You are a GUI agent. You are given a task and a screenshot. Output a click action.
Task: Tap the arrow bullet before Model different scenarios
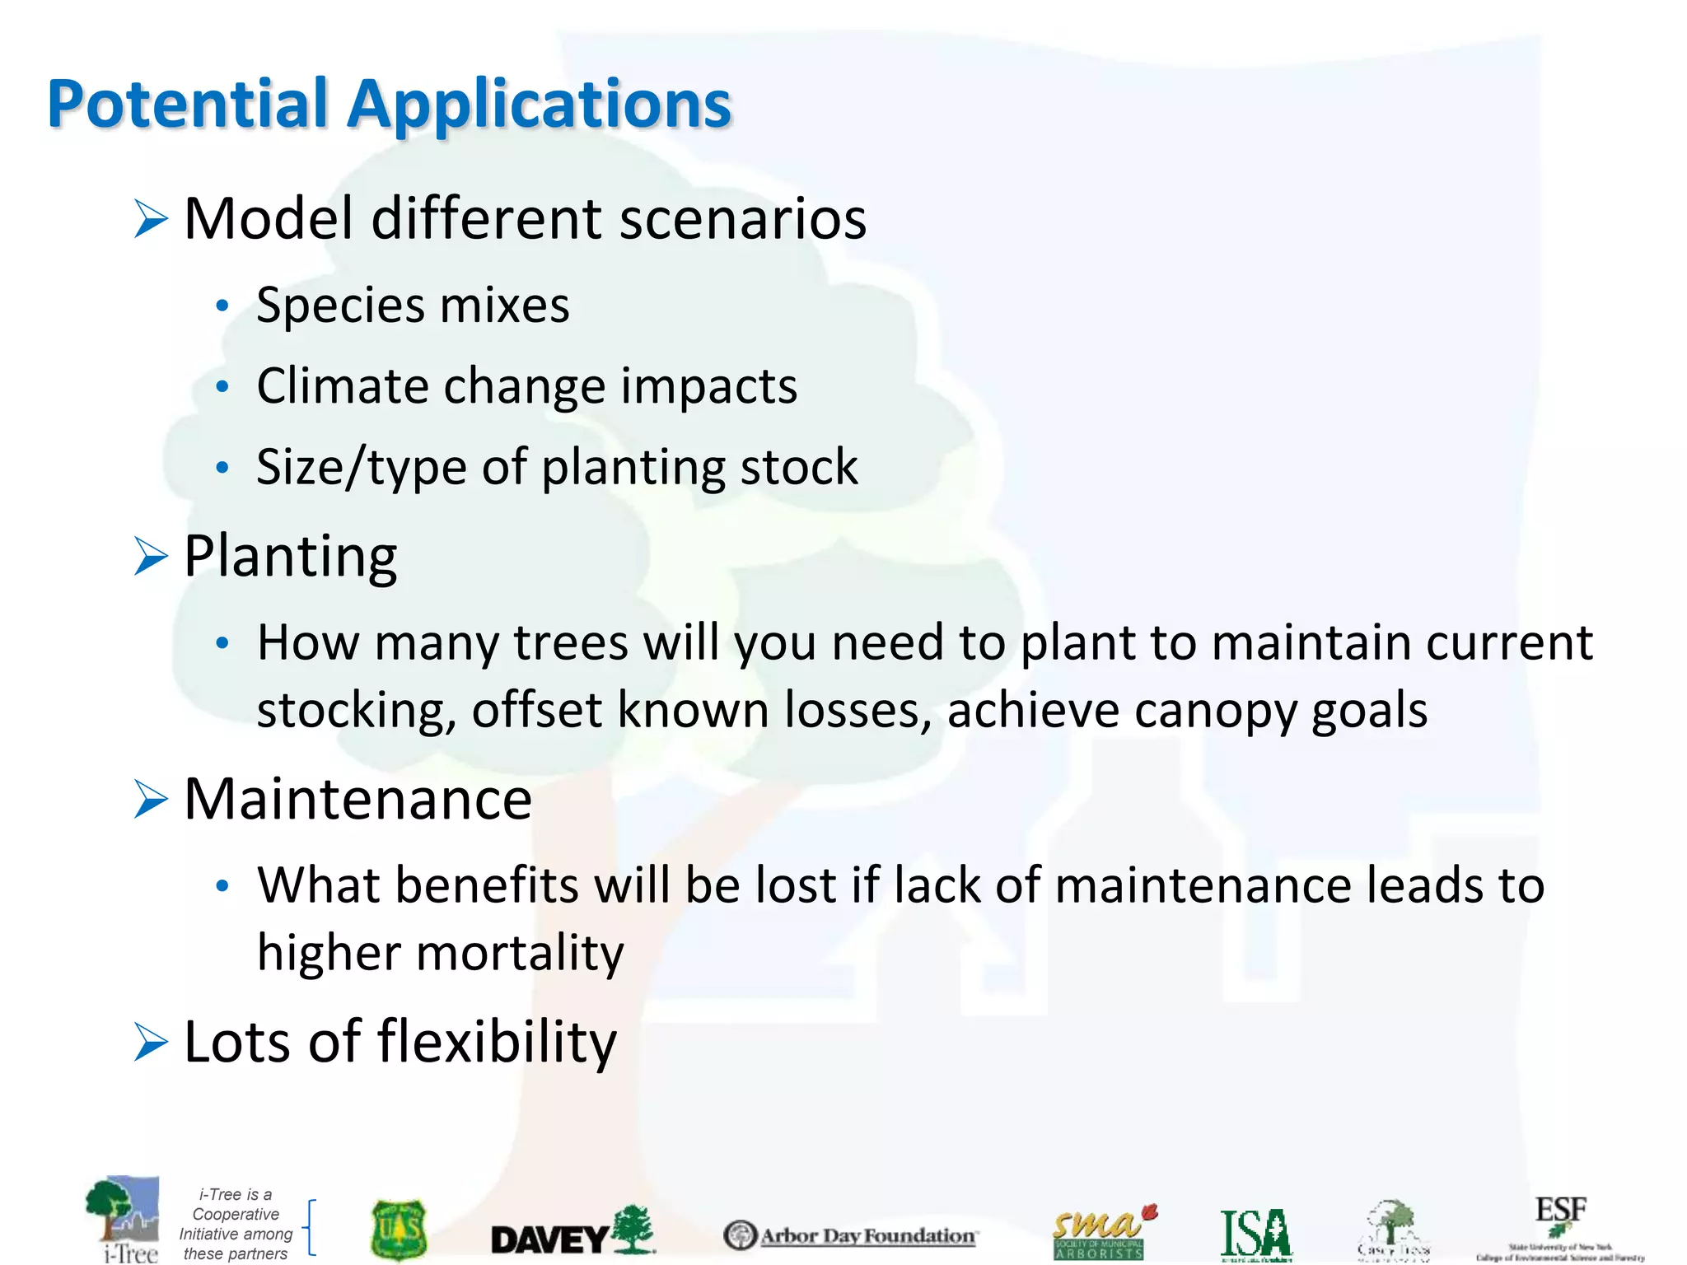151,220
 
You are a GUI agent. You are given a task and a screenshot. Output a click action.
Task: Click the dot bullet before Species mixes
221,306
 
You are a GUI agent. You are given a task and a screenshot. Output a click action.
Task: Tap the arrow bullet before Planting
151,557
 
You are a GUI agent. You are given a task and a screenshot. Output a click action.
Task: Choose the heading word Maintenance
357,799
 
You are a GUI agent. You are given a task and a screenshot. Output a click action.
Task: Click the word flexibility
497,1042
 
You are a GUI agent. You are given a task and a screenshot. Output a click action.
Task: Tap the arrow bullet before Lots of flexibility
151,1043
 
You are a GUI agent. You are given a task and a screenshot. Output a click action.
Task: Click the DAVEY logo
572,1232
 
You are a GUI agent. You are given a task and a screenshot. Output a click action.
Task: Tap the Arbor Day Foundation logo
850,1235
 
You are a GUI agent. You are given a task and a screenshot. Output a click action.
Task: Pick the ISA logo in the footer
1255,1235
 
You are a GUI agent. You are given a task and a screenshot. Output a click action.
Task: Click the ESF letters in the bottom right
1560,1211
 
